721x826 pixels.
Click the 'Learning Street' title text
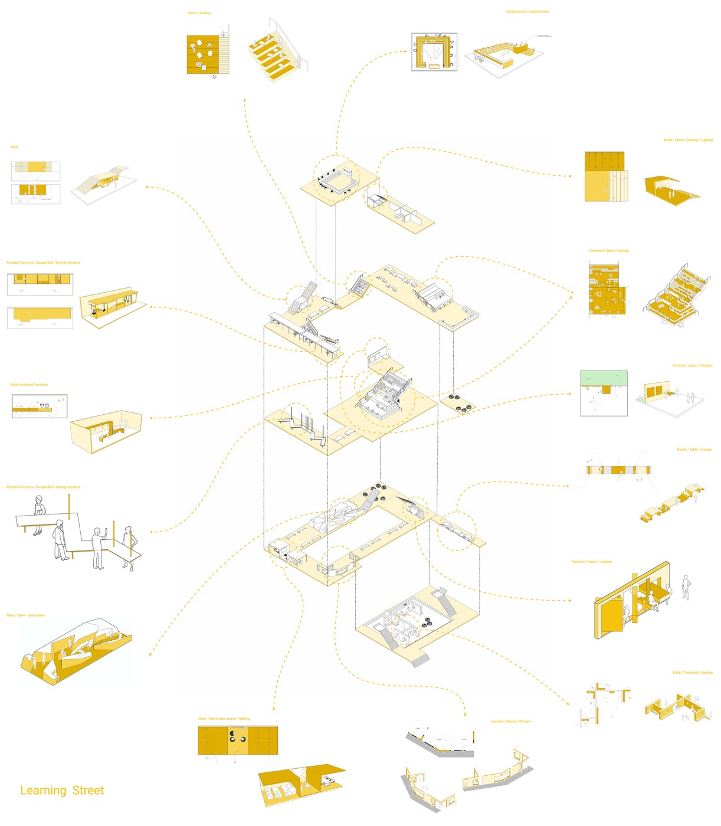(x=62, y=790)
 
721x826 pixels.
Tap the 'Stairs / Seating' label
(x=199, y=13)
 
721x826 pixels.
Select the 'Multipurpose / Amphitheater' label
(x=527, y=12)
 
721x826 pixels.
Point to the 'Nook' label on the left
(x=14, y=147)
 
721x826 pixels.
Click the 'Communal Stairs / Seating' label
(x=608, y=251)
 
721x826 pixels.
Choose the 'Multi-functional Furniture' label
(x=29, y=385)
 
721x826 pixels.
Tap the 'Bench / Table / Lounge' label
(x=694, y=450)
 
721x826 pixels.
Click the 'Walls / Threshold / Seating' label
(x=692, y=673)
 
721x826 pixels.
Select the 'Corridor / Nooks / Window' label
(x=510, y=722)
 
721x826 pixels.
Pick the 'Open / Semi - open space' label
(x=25, y=615)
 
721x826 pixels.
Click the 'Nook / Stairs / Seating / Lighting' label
(x=688, y=140)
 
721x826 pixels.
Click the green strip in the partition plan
(x=604, y=378)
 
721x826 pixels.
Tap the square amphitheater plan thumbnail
(x=434, y=52)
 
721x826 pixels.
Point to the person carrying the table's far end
(x=38, y=514)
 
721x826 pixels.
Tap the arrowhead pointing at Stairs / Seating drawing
(x=244, y=100)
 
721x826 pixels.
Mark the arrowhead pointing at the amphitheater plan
(x=405, y=51)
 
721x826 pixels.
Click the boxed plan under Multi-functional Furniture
(x=40, y=406)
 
